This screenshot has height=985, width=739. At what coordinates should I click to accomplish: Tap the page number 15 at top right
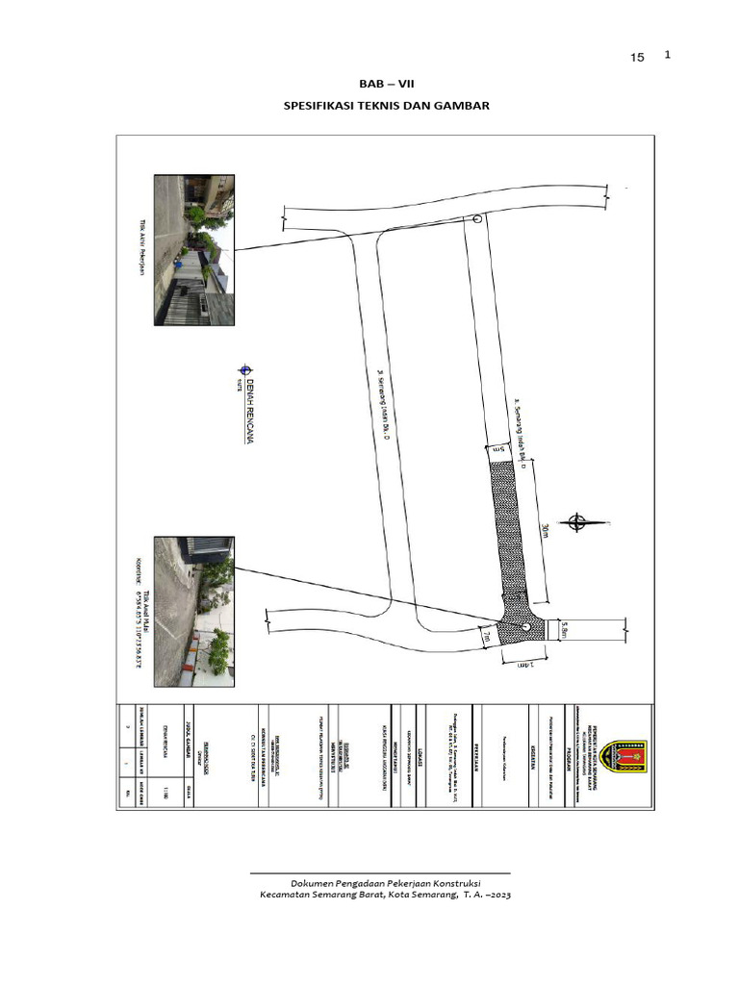[637, 58]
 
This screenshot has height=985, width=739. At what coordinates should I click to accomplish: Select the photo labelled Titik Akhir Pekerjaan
[194, 250]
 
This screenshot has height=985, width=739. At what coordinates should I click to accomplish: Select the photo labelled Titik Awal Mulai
[194, 611]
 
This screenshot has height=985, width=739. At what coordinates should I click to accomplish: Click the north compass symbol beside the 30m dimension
[577, 523]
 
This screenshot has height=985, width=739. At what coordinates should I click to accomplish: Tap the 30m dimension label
[546, 531]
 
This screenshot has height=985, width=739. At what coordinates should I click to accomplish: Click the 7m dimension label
[488, 635]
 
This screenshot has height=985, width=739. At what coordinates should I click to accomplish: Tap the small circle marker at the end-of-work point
[478, 219]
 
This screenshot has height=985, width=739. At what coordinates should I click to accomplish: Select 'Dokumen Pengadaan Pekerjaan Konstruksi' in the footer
[386, 883]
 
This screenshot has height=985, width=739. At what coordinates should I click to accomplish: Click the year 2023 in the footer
[497, 896]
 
